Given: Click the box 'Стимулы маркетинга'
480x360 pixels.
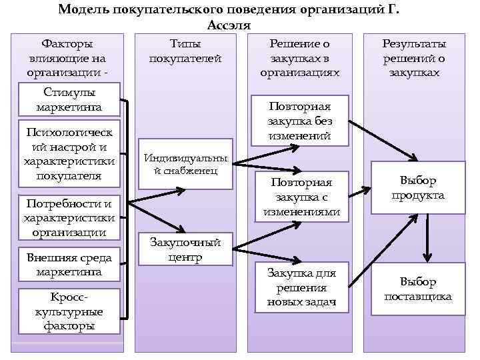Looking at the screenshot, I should [69, 99].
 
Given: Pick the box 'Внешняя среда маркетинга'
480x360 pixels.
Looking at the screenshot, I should [69, 265].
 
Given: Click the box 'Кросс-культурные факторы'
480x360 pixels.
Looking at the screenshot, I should [69, 310].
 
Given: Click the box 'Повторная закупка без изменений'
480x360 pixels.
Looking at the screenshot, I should [299, 121].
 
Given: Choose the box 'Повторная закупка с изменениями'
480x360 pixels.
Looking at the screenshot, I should [301, 197].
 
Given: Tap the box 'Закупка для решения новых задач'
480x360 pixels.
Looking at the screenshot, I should [301, 287].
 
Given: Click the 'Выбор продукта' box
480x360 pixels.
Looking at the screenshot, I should [418, 188].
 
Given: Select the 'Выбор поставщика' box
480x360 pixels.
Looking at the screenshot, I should [418, 289].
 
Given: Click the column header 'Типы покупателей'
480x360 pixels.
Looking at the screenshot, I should [185, 51].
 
